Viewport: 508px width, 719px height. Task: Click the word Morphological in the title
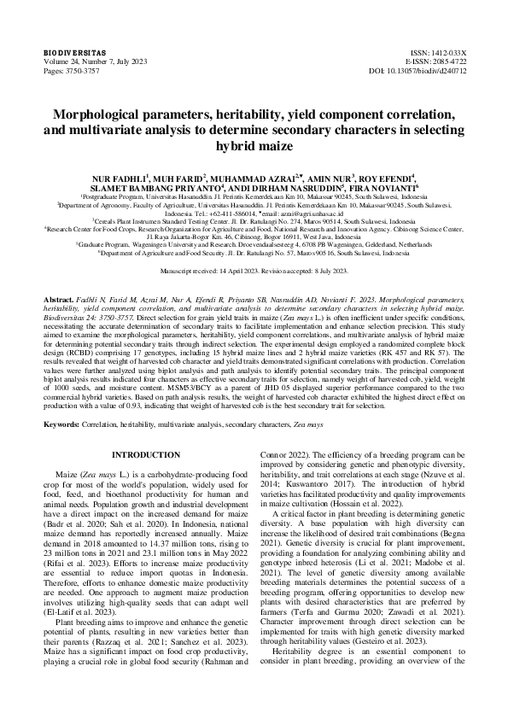[102, 114]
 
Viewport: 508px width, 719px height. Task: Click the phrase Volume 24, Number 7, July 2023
[95, 62]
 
